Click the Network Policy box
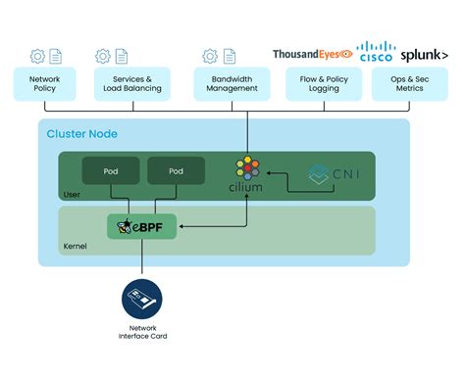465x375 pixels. [x=50, y=83]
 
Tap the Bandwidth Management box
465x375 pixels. [x=232, y=83]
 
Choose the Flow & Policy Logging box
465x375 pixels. [x=324, y=83]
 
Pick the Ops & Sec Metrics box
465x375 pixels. [x=408, y=83]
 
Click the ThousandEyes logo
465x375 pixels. [x=311, y=54]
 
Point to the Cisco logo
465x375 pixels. [x=376, y=51]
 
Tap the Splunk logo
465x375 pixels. [x=424, y=55]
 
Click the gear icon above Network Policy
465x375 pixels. [x=37, y=56]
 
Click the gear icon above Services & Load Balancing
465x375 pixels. [x=102, y=56]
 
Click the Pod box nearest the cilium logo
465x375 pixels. [x=176, y=171]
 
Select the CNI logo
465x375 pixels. [x=339, y=174]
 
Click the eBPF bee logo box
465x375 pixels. [x=141, y=226]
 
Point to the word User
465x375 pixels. [x=74, y=195]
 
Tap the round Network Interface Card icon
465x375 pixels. [x=141, y=299]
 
